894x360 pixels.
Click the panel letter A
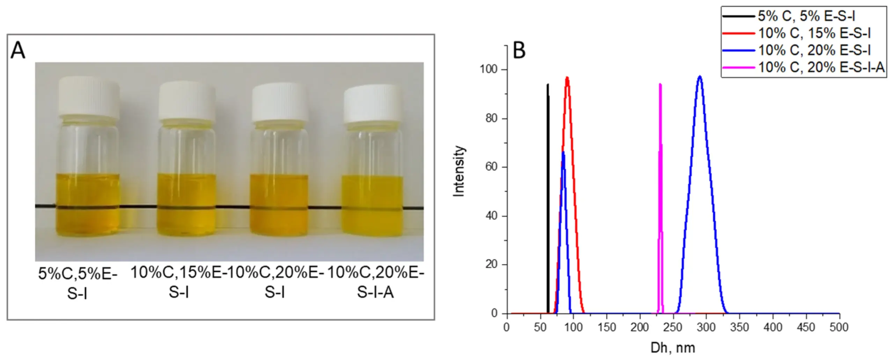(18, 50)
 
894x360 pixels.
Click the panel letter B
(519, 51)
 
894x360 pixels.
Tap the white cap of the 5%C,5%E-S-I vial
(89, 96)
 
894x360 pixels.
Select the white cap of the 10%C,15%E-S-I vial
(187, 101)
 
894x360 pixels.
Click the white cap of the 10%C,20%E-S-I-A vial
(373, 103)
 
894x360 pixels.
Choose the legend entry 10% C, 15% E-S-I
(814, 33)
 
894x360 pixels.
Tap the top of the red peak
(567, 78)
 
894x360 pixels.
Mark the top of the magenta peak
(660, 85)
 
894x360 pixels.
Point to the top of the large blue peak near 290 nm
(700, 76)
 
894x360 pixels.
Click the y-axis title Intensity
(459, 171)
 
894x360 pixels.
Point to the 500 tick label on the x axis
(839, 327)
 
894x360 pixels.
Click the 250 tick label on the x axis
(673, 327)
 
